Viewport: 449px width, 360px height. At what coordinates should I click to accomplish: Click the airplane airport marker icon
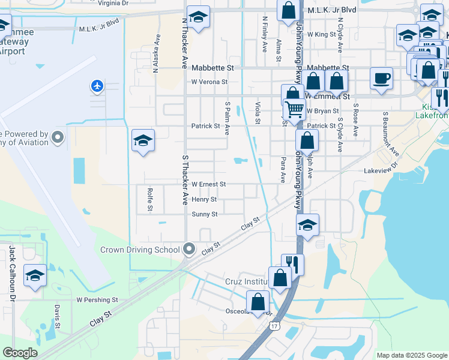97,86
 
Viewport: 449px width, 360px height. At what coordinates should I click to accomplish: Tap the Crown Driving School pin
190,249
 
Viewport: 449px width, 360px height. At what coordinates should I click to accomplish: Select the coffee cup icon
381,78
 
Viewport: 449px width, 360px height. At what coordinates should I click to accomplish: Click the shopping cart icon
294,110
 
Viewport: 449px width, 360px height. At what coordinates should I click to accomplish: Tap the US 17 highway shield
274,326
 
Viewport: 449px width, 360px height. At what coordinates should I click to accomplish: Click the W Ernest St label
208,184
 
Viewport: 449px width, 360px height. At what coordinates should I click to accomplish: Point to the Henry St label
205,199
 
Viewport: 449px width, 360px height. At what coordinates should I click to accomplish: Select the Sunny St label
205,214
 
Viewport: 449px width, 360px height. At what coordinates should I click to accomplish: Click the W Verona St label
209,82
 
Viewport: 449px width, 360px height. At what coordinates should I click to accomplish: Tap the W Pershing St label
97,299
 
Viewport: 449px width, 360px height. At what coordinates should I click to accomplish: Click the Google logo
20,353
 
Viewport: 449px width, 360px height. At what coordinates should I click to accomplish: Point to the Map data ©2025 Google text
411,355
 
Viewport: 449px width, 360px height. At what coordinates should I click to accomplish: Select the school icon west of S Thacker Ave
143,141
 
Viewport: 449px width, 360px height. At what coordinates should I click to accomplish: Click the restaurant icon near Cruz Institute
292,263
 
